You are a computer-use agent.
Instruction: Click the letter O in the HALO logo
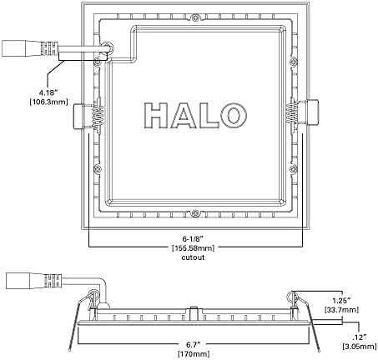coord(234,115)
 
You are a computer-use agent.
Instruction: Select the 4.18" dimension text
coord(48,92)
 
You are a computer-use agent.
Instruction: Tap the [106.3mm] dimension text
coord(48,102)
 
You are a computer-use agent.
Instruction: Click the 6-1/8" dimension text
coord(193,238)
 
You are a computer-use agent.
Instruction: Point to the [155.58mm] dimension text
coord(194,247)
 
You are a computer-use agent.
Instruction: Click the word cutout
coord(193,257)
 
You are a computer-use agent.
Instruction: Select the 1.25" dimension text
coord(341,301)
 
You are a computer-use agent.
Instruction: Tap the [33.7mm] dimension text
coord(341,310)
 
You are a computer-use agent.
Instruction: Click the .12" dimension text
coord(360,337)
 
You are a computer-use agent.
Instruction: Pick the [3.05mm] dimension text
coord(360,347)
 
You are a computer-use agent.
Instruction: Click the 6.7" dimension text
coord(193,345)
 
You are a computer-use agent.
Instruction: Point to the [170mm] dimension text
coord(194,354)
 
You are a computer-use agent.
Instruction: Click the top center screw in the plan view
coord(195,17)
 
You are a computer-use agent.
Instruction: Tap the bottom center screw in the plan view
coord(195,213)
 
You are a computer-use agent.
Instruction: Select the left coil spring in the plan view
coord(98,115)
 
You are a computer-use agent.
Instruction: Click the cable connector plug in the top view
coord(30,48)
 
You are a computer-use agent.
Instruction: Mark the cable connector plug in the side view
coord(34,281)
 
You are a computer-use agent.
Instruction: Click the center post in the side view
coord(194,312)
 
